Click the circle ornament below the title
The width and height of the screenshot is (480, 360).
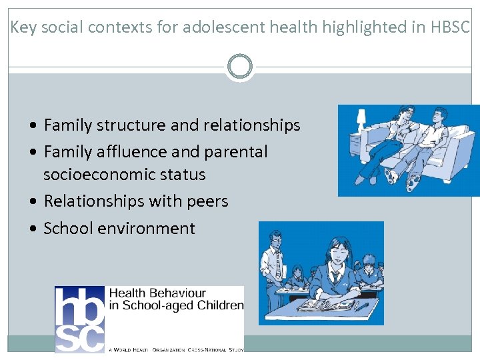[x=239, y=67]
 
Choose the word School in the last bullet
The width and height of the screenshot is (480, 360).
[x=68, y=229]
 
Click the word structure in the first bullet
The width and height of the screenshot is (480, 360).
[x=131, y=125]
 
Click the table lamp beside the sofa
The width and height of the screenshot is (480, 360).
[x=361, y=121]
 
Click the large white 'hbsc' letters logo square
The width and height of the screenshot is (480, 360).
[x=79, y=319]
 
